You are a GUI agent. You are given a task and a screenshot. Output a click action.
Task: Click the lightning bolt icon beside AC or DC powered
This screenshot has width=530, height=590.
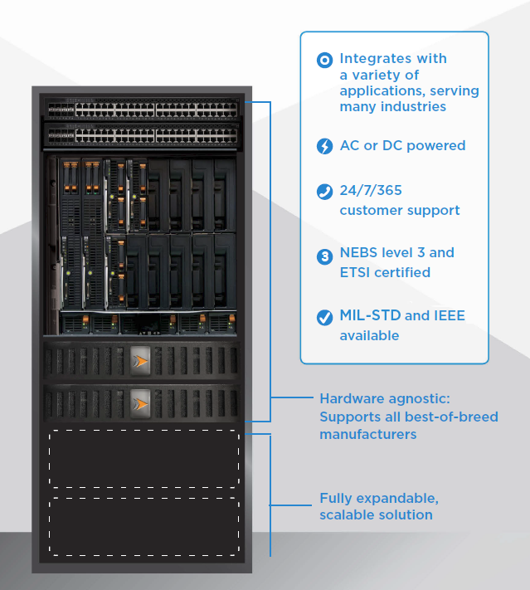(x=324, y=146)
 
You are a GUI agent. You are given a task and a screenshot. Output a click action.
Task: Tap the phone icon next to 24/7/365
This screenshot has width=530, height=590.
(x=324, y=192)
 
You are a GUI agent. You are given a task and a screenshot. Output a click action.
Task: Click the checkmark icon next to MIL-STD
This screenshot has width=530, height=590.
(x=324, y=317)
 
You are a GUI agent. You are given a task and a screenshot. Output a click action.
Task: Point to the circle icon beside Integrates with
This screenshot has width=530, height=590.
(x=324, y=60)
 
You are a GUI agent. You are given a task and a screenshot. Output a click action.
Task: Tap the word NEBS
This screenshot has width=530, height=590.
(x=359, y=252)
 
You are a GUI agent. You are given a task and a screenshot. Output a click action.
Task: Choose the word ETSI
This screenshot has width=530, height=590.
(x=357, y=272)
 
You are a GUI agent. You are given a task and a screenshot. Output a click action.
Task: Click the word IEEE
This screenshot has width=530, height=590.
(x=451, y=315)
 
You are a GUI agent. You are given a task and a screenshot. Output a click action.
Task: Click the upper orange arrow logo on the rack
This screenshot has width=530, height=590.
(x=141, y=361)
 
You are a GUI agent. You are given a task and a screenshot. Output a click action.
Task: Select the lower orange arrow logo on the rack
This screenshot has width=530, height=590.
(x=141, y=402)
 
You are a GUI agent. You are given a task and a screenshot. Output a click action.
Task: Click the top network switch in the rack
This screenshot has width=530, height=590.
(x=141, y=109)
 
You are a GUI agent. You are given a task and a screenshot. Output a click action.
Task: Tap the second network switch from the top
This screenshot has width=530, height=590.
(x=141, y=134)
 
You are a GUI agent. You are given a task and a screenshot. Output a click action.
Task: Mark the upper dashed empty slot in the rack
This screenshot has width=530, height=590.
(x=143, y=459)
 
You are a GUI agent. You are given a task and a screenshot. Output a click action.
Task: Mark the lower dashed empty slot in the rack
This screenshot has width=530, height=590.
(x=143, y=525)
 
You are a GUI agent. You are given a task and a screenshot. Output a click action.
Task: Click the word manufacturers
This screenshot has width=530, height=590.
(x=367, y=434)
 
